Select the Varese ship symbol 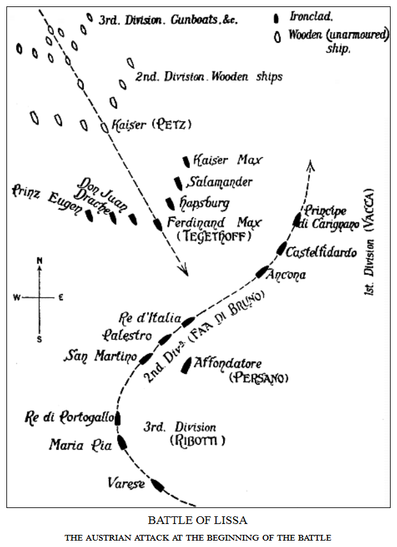point(157,486)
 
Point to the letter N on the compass point(40,260)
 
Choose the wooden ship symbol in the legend point(277,36)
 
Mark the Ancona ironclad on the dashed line point(262,272)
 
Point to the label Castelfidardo point(321,252)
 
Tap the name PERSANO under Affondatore point(258,378)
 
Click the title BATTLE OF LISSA point(198,520)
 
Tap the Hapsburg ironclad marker point(170,204)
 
